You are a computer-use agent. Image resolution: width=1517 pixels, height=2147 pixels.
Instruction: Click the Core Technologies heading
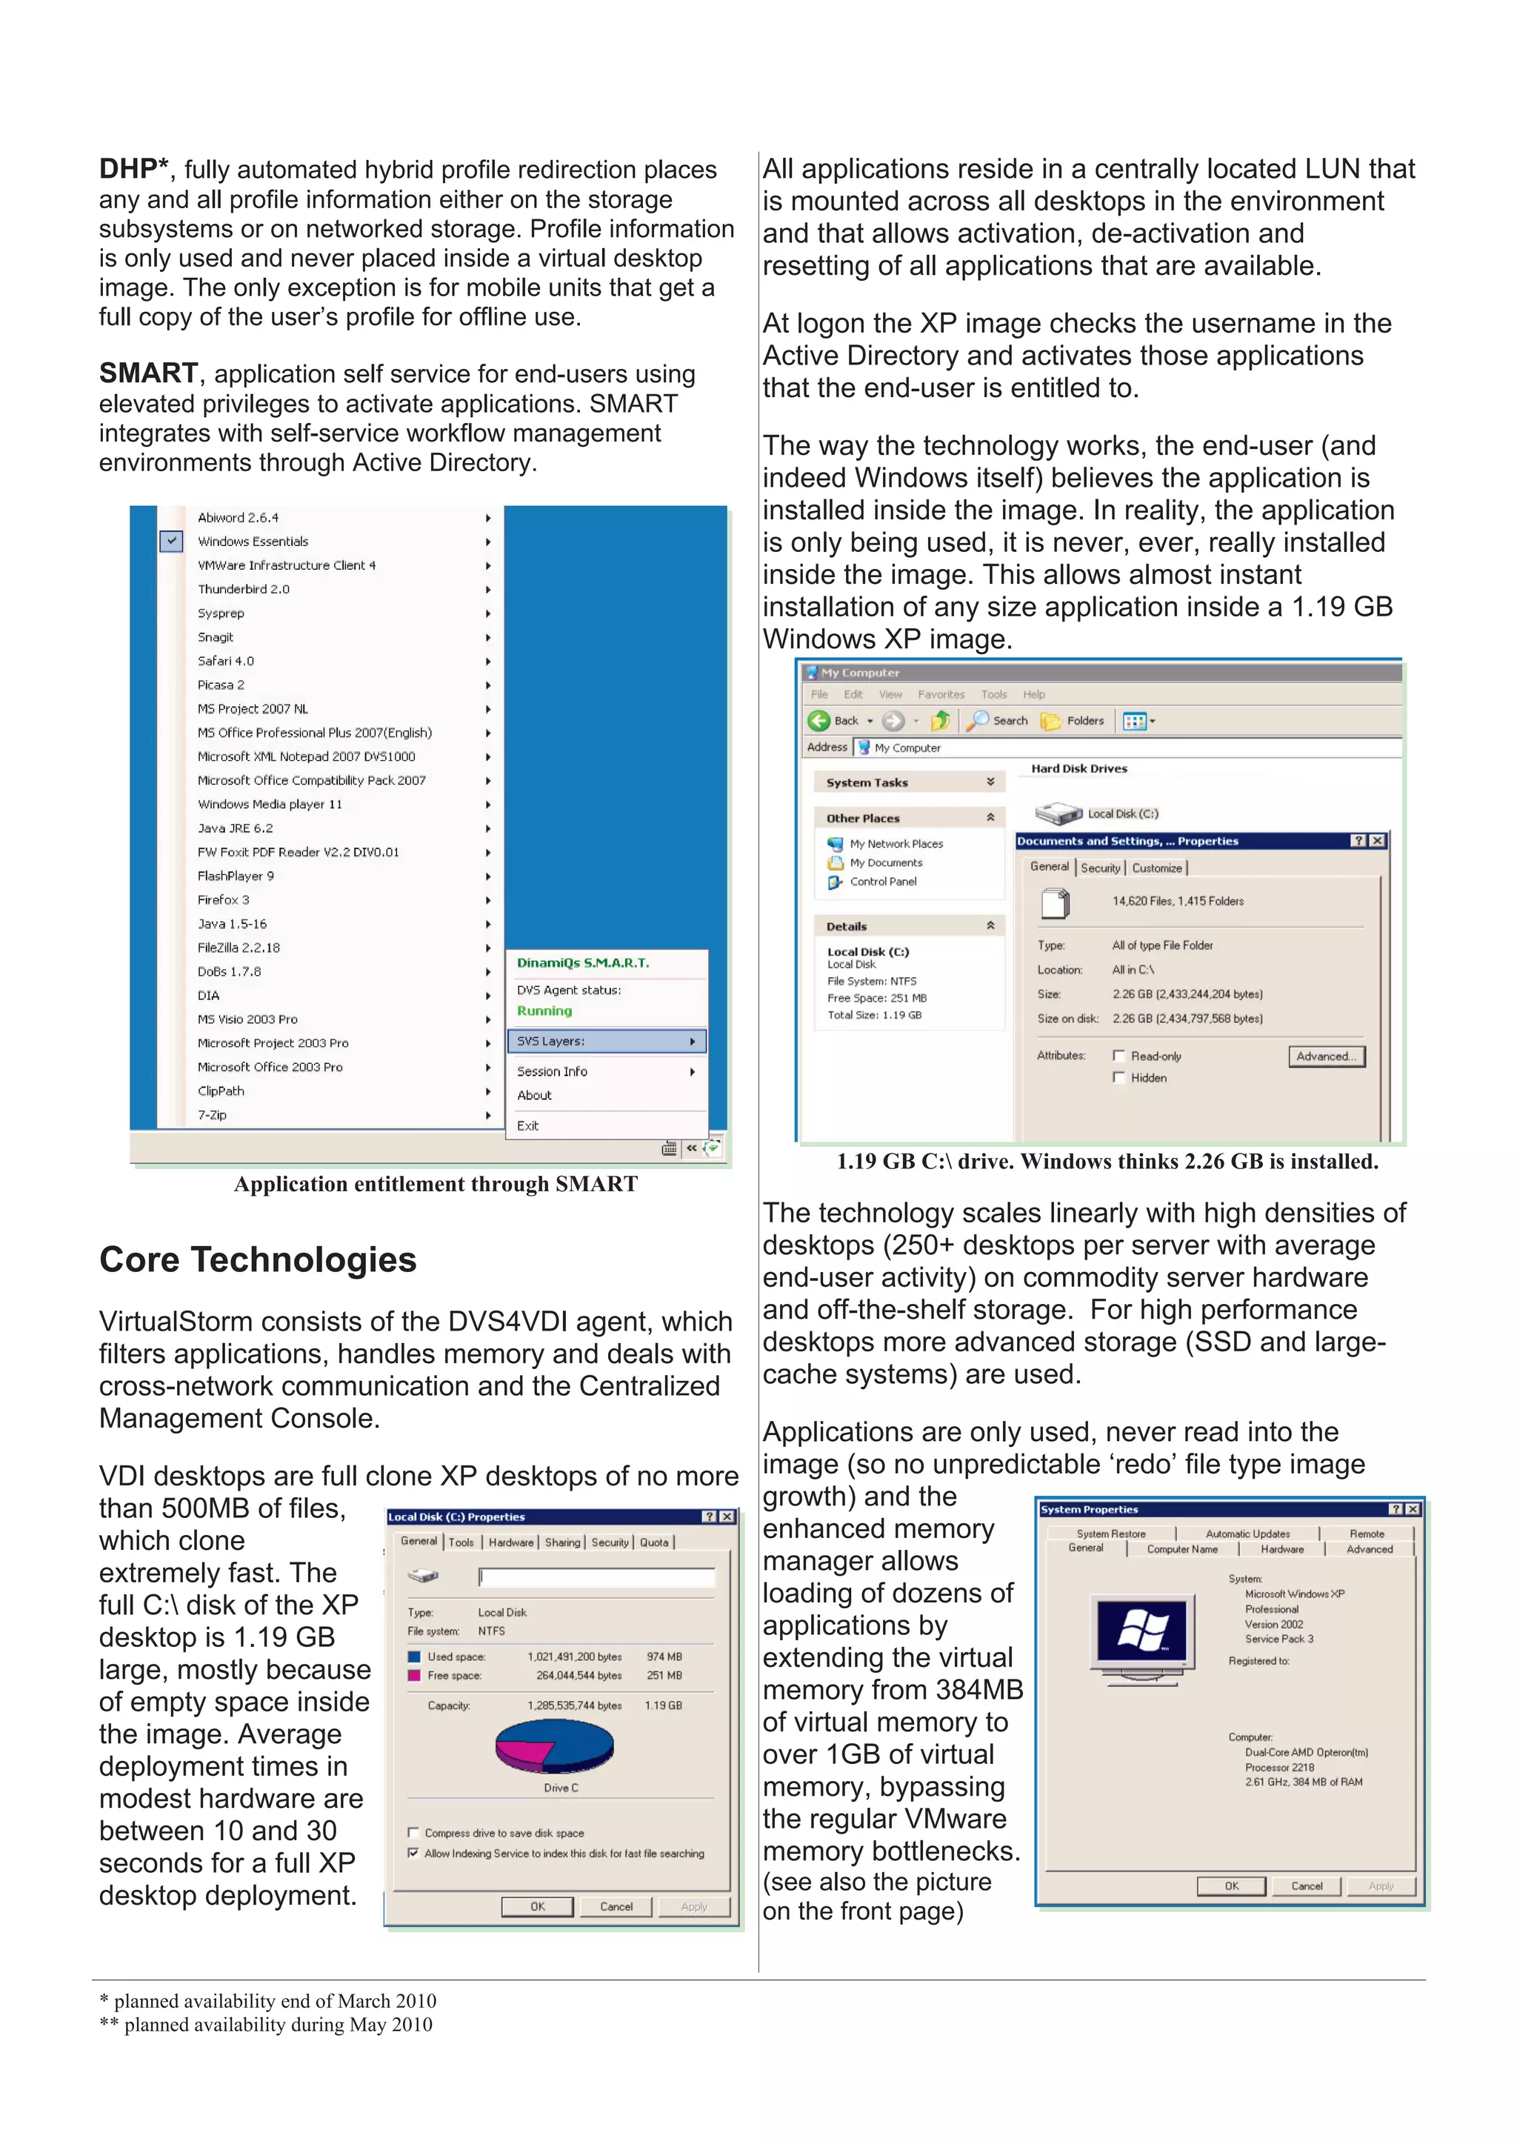coord(257,1259)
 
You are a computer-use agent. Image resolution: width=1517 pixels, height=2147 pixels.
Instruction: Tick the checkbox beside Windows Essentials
coord(171,541)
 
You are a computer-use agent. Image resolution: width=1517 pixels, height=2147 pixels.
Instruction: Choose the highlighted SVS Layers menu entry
coord(606,1041)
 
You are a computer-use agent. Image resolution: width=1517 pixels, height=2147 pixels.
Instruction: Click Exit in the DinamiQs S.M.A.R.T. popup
coord(528,1126)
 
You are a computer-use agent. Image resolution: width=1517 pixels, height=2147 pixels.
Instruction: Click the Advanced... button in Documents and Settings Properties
coord(1325,1056)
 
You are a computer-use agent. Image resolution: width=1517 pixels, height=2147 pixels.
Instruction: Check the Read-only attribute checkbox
coord(1118,1056)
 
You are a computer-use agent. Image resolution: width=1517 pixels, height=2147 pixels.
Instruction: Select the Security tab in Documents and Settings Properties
coord(1100,868)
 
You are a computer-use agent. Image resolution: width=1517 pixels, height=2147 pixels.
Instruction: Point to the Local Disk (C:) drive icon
coord(1058,813)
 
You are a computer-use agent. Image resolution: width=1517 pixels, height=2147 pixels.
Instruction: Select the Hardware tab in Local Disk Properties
coord(510,1542)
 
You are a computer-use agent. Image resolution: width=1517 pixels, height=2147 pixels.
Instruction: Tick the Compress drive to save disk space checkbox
coord(413,1833)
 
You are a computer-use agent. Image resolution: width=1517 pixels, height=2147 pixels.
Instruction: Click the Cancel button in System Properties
coord(1306,1886)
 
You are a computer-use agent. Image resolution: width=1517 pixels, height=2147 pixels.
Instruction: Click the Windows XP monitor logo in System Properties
coord(1141,1632)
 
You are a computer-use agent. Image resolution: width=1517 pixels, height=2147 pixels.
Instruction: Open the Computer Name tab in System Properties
coord(1181,1549)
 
